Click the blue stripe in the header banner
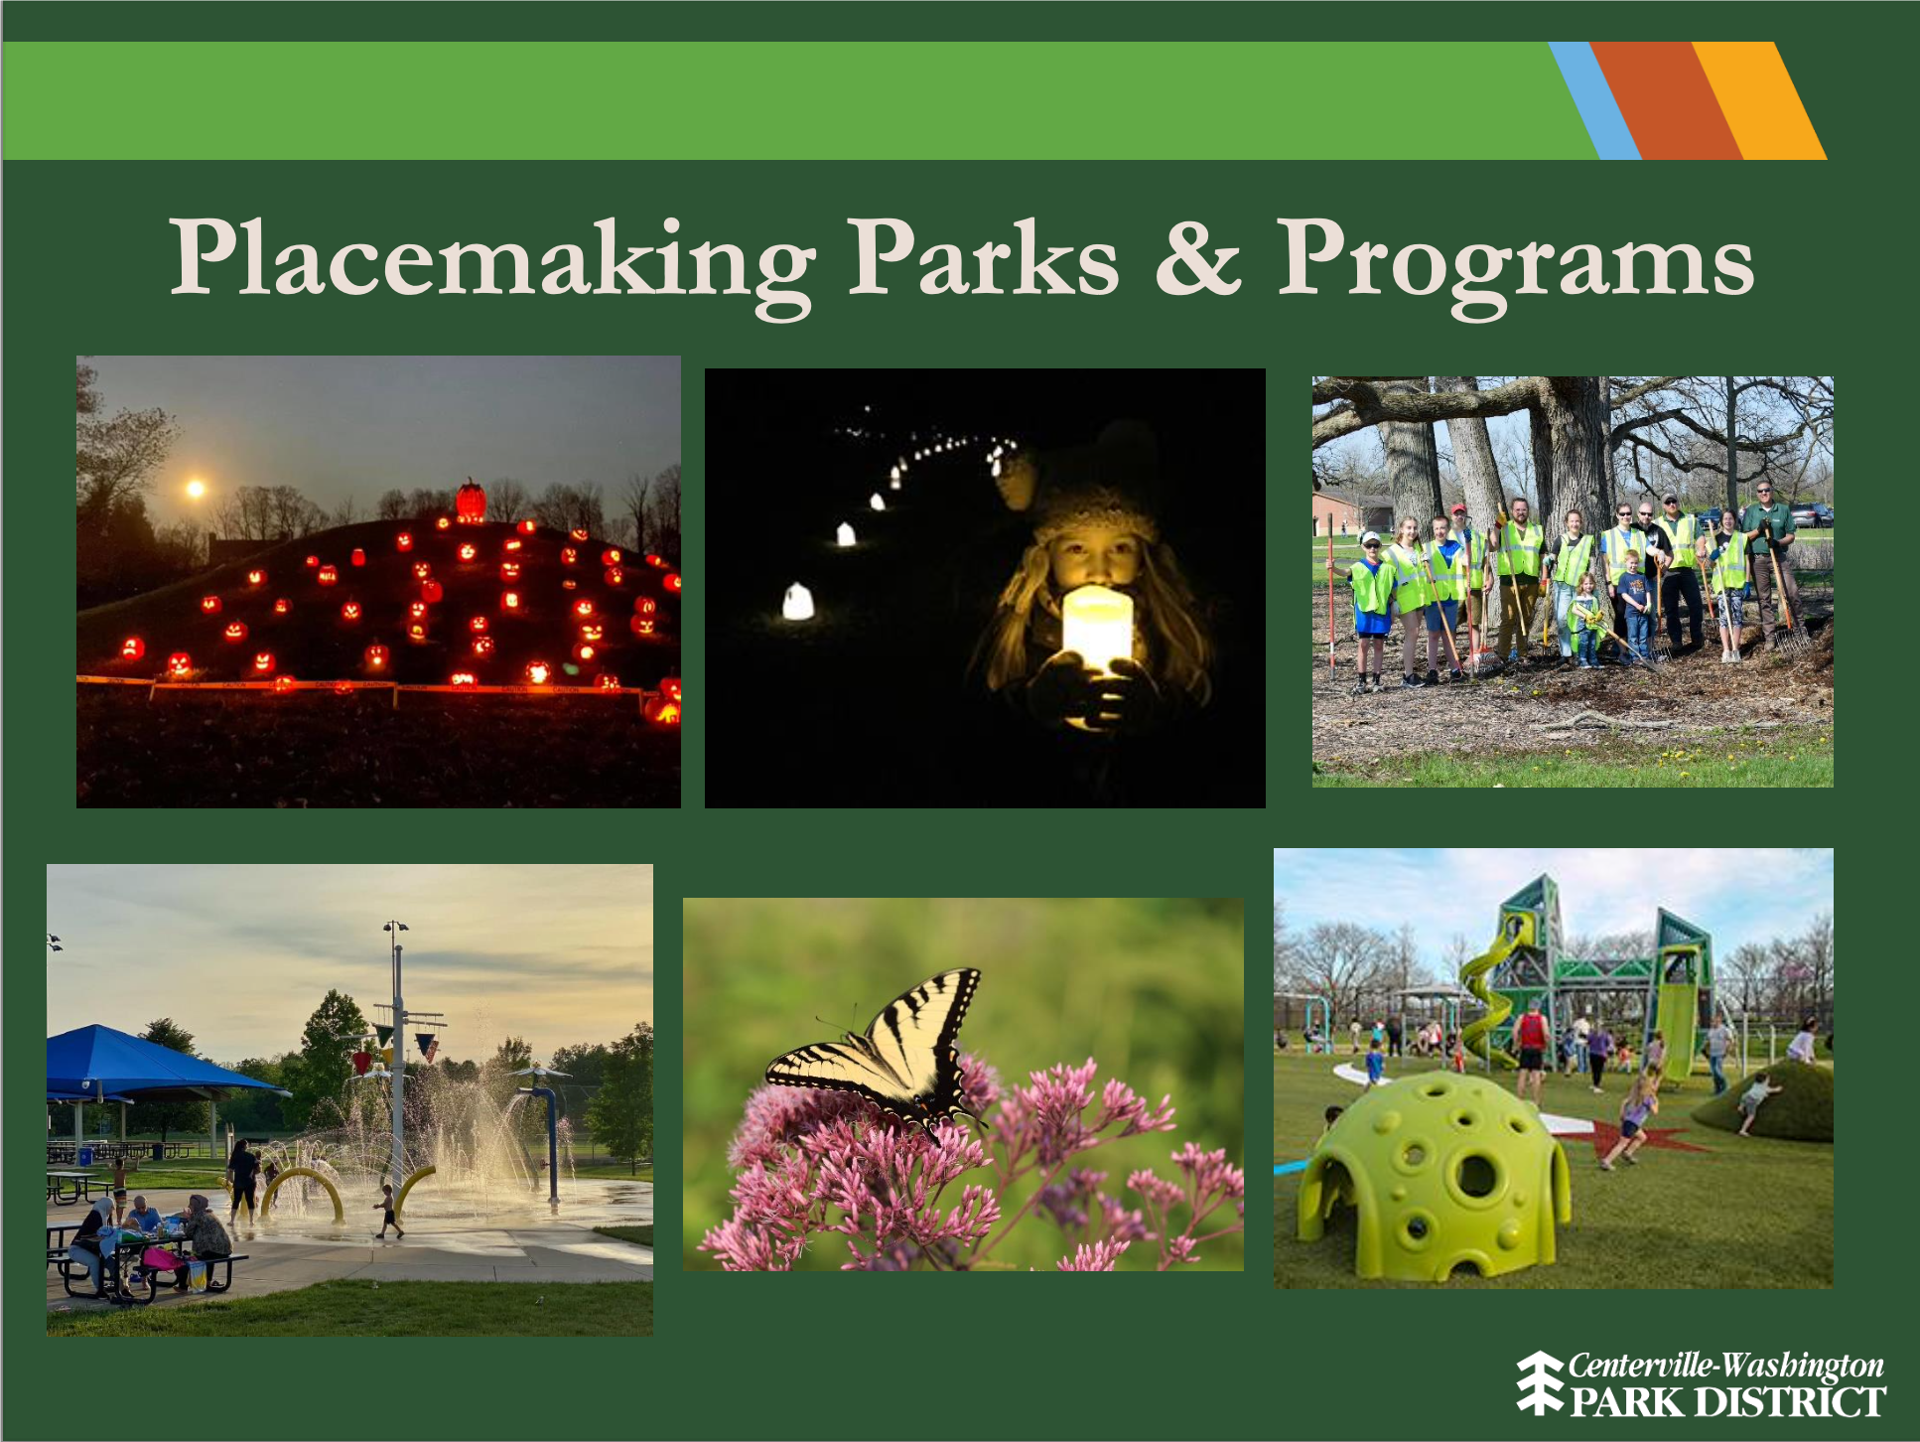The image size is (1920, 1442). pyautogui.click(x=1594, y=100)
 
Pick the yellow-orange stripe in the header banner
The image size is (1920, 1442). pyautogui.click(x=1759, y=100)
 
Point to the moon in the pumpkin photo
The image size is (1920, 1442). pyautogui.click(x=196, y=488)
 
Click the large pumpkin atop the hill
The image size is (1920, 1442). pyautogui.click(x=471, y=501)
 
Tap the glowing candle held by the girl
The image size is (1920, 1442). pyautogui.click(x=1096, y=631)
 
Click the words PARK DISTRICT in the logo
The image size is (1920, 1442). pyautogui.click(x=1727, y=1402)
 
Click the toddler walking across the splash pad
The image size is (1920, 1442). pyautogui.click(x=388, y=1211)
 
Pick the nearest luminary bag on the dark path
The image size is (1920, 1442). pyautogui.click(x=797, y=602)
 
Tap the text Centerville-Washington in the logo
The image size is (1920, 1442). pyautogui.click(x=1726, y=1367)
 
